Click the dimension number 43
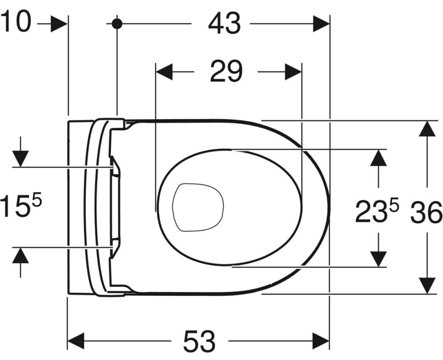pos(224,24)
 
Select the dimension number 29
pos(226,71)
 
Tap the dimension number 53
pos(199,341)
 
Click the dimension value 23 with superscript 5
pos(377,210)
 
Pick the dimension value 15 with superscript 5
pos(21,204)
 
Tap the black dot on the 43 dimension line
pos(117,24)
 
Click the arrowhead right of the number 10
pos(59,24)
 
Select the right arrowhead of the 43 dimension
pos(321,24)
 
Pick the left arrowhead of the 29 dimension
pos(164,72)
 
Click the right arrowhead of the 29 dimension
pos(294,72)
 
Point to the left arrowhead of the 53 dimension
pos(76,341)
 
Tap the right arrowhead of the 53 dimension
pos(321,341)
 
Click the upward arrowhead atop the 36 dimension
pos(427,129)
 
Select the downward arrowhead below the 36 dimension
pos(427,286)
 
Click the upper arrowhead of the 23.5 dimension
pos(379,157)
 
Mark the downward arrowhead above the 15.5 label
pos(20,159)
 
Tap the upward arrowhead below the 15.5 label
pos(20,256)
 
